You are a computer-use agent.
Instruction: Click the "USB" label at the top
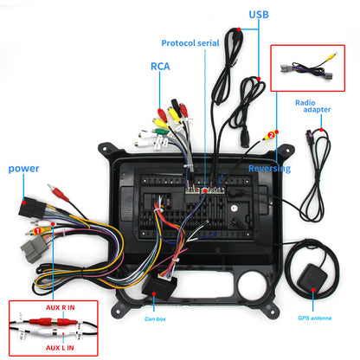point(258,15)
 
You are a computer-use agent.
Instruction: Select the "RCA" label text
point(160,65)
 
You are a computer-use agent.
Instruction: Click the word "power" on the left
point(24,168)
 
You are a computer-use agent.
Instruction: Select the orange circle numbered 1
point(37,231)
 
